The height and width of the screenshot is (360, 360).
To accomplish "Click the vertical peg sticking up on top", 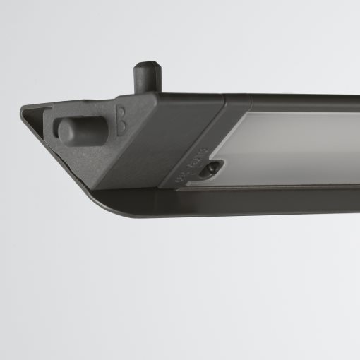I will pos(147,76).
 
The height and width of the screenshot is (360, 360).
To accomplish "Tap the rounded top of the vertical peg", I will pos(146,65).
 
